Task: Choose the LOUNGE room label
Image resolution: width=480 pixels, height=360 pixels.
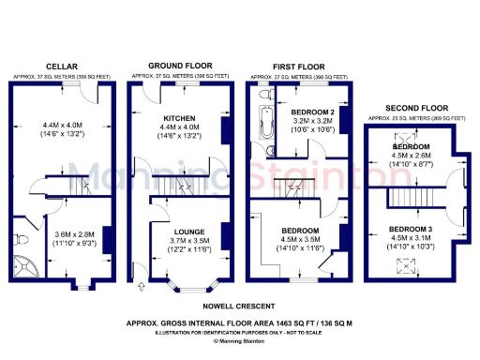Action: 176,230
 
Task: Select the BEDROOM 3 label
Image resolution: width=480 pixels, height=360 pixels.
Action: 410,230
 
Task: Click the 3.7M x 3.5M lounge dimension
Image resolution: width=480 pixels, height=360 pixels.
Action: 176,240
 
